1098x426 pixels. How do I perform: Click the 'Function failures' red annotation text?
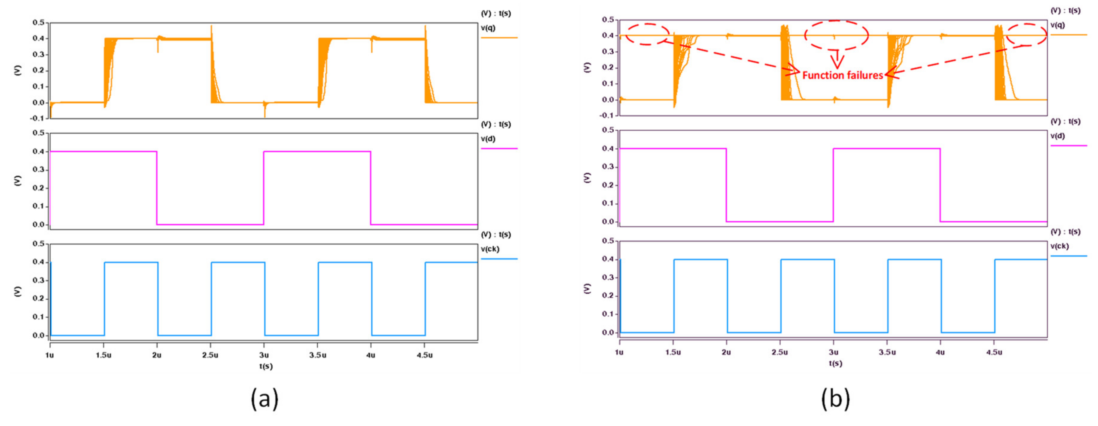842,75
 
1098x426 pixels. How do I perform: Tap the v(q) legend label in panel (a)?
489,28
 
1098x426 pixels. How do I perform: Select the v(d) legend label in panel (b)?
1058,136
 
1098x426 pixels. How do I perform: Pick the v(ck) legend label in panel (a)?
490,249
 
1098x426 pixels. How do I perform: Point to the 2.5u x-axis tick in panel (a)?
210,355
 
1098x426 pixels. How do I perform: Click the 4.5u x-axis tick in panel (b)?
994,352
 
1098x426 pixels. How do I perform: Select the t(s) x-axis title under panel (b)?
835,363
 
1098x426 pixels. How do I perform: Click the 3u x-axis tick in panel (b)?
834,352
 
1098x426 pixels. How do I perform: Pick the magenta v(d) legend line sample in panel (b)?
1069,146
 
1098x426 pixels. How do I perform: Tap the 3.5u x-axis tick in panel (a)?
318,355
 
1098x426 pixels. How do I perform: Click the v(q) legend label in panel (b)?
1058,25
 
